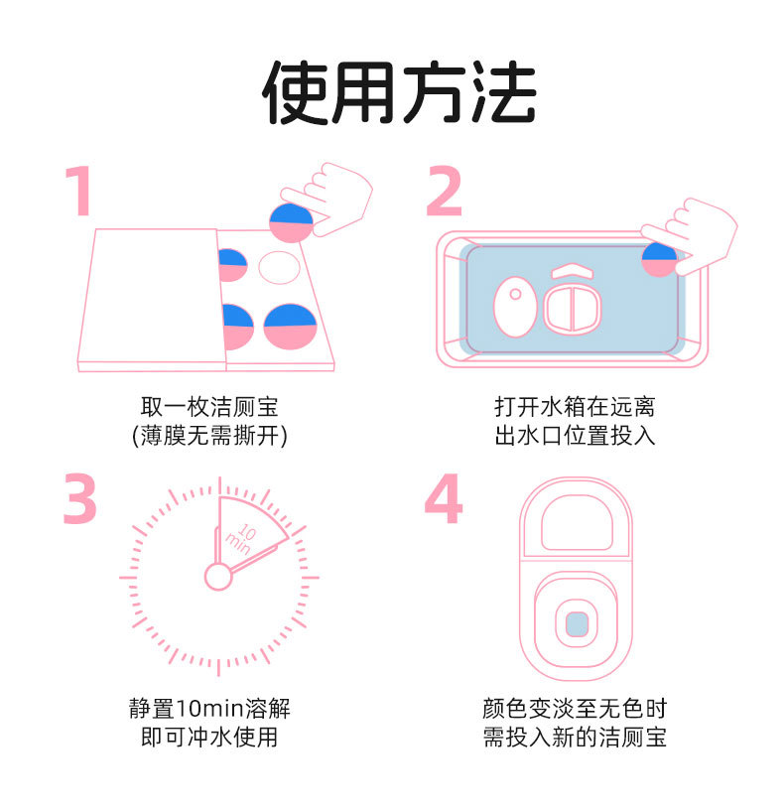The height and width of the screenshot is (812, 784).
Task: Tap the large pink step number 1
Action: point(78,191)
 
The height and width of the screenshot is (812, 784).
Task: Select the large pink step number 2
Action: point(444,191)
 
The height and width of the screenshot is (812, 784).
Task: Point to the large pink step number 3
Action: point(79,499)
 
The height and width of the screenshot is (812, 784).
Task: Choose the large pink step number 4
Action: point(444,499)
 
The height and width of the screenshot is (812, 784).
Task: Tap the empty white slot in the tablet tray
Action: point(279,267)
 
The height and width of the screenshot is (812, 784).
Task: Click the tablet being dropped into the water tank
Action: point(659,259)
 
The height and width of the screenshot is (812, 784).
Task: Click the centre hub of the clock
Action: point(217,575)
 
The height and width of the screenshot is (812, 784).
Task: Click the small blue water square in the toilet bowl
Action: point(576,623)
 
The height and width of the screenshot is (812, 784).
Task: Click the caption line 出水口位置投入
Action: point(575,435)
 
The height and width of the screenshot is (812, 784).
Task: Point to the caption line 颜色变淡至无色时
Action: point(575,709)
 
